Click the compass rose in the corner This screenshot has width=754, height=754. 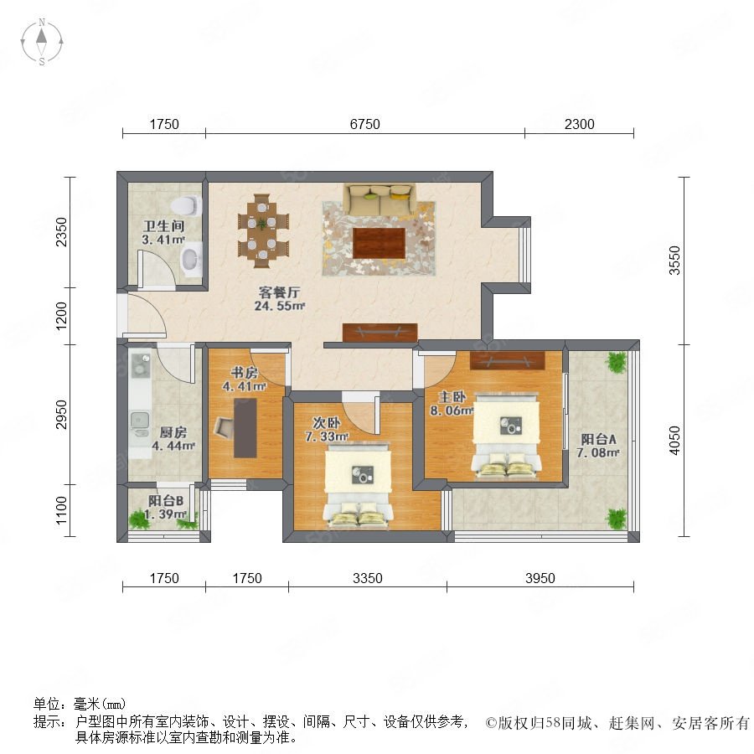click(42, 42)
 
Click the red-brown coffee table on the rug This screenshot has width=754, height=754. click(379, 243)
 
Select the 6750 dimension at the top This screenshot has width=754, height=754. click(364, 125)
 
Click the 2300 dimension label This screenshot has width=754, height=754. click(579, 125)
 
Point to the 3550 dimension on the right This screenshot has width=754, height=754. click(674, 261)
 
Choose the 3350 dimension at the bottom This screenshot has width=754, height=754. click(368, 578)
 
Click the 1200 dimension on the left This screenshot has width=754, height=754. click(61, 316)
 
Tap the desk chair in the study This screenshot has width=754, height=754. click(224, 426)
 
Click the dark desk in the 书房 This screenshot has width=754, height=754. click(245, 428)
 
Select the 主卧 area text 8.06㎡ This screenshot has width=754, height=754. click(452, 411)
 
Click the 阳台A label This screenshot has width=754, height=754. click(598, 439)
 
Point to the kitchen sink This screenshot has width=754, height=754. click(141, 421)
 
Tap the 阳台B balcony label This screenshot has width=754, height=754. click(166, 501)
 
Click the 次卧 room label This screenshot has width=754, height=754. click(327, 423)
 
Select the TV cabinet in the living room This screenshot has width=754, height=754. click(380, 333)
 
